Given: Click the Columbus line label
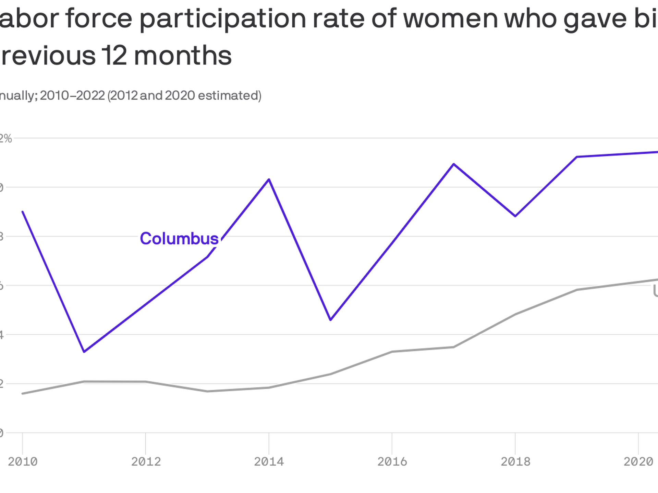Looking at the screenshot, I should [179, 239].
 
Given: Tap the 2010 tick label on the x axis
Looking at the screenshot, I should [23, 462].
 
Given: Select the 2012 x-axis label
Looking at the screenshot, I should [146, 462].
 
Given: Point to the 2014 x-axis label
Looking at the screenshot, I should [269, 462].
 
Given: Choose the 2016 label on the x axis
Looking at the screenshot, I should [392, 462].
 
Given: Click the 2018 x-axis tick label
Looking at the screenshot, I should [515, 462].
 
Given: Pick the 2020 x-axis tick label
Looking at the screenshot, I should [638, 462].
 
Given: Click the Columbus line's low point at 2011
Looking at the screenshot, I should [84, 352].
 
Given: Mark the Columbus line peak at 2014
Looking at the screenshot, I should [269, 179].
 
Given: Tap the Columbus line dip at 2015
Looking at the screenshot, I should [330, 320].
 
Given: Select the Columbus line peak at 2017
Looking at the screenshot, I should [454, 164].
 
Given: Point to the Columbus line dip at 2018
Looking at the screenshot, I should [515, 216].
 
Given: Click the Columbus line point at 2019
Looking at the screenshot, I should [577, 157].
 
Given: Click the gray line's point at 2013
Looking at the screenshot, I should [207, 391].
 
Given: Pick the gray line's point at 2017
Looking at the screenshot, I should [454, 347].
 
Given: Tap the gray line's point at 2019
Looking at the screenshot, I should [577, 290].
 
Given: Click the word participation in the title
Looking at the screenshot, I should [223, 19].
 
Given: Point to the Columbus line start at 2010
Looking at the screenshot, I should [23, 212].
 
